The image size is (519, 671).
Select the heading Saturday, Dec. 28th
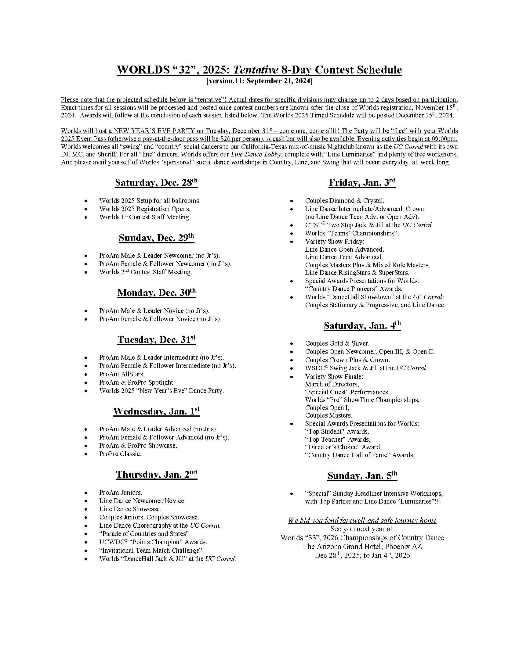pyautogui.click(x=156, y=183)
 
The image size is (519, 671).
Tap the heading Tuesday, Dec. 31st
pyautogui.click(x=156, y=340)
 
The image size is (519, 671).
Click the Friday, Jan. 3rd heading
pyautogui.click(x=362, y=183)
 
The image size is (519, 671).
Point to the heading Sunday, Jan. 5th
pyautogui.click(x=362, y=476)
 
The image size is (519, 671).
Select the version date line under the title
pyautogui.click(x=259, y=81)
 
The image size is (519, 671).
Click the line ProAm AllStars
pyautogui.click(x=122, y=374)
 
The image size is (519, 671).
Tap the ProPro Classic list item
pyautogui.click(x=120, y=454)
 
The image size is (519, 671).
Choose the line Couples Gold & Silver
pyautogui.click(x=337, y=343)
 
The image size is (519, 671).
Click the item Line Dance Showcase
pyautogui.click(x=130, y=509)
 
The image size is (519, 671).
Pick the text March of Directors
pyautogui.click(x=332, y=384)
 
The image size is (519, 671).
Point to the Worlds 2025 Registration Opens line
pyautogui.click(x=144, y=209)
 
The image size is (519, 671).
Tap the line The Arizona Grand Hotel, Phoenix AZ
pyautogui.click(x=362, y=547)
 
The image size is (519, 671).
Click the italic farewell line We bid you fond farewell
pyautogui.click(x=362, y=520)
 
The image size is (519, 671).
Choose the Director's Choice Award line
pyautogui.click(x=343, y=447)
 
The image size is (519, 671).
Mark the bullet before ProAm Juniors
pyautogui.click(x=86, y=493)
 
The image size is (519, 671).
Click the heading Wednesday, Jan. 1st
pyautogui.click(x=156, y=411)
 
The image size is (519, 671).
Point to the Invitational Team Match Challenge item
pyautogui.click(x=151, y=551)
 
